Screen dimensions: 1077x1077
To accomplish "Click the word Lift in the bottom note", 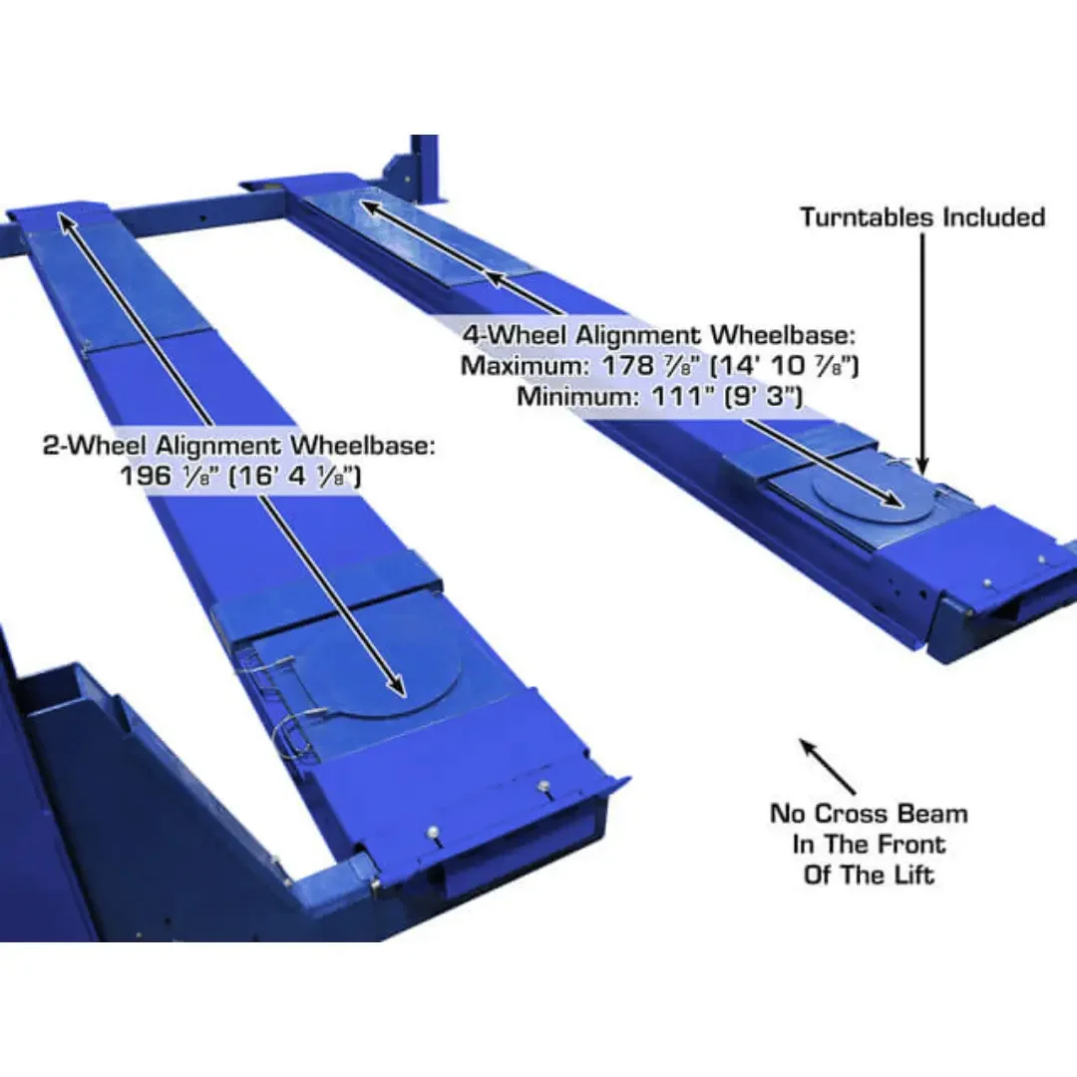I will coord(915,875).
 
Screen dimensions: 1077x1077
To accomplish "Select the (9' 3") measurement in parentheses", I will coord(767,396).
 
